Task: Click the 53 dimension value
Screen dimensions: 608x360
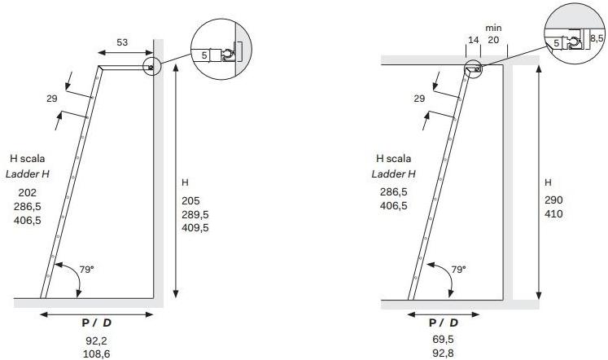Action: pos(122,42)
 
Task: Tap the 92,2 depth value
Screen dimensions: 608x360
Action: pos(97,341)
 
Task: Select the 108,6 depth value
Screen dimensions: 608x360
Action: pos(97,353)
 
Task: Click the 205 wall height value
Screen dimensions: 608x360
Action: pos(190,201)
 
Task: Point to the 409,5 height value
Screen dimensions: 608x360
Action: pos(195,228)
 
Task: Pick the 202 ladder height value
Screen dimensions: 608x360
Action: pos(27,192)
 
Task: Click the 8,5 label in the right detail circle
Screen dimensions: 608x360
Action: pos(597,38)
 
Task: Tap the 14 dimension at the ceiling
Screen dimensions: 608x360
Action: pos(474,40)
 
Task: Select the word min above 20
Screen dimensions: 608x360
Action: pos(493,28)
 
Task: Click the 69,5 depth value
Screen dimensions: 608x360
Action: pos(443,340)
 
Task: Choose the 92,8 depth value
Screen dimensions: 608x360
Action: pos(443,353)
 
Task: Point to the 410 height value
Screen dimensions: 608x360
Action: pos(553,214)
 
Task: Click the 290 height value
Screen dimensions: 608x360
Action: pos(553,200)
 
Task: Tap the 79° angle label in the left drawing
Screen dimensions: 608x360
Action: pos(87,270)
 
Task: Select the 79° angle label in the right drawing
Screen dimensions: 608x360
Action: pos(459,270)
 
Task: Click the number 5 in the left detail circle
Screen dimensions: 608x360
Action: pos(204,55)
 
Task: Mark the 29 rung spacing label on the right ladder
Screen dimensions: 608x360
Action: pos(419,99)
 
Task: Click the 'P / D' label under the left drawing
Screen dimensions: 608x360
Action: pos(97,323)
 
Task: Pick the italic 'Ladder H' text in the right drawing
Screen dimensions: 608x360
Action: pos(393,174)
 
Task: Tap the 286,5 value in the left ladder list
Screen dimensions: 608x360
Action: pos(27,206)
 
